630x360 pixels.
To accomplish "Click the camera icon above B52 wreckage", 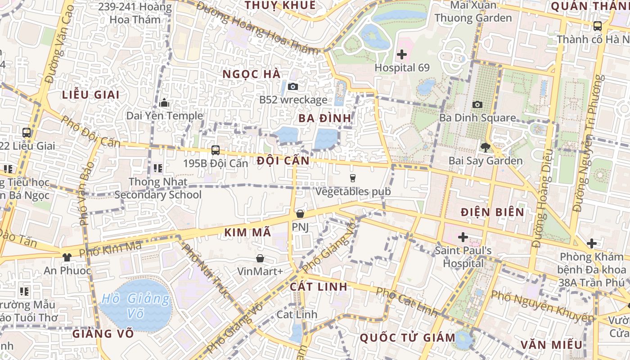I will click(293, 86).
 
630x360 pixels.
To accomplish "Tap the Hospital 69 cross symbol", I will click(402, 55).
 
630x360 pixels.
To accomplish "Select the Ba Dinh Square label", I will click(477, 118).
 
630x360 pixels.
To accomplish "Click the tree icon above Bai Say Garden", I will click(485, 147).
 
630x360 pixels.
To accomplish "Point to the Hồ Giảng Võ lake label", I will click(135, 305).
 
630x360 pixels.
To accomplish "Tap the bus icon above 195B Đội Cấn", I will click(216, 150).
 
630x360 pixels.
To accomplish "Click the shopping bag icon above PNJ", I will click(300, 214).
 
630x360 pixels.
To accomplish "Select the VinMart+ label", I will click(260, 271).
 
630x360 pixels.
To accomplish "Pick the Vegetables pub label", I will click(353, 191).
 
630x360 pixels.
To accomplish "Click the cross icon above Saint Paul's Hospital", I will click(463, 237).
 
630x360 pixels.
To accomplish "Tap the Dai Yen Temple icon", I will click(164, 103).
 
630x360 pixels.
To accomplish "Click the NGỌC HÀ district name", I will click(252, 74).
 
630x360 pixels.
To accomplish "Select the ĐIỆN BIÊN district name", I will click(493, 212).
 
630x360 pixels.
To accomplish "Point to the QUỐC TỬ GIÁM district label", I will click(408, 337).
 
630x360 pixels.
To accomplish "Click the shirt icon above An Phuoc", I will click(67, 257).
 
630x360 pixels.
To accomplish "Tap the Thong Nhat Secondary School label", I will click(158, 188).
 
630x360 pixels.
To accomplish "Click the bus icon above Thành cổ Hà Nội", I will click(598, 26).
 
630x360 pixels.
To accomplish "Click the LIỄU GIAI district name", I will click(91, 94).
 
